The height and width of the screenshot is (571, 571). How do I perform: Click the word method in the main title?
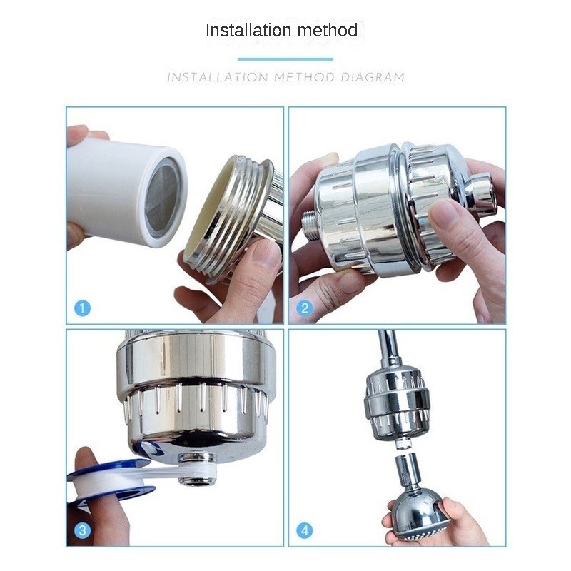(328, 30)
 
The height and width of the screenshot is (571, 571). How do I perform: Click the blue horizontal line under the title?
(285, 59)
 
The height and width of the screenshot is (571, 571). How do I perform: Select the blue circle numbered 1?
(82, 308)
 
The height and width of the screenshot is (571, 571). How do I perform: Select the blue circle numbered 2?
(305, 308)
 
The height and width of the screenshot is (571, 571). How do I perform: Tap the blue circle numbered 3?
(82, 530)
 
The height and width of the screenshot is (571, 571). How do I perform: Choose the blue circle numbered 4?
(305, 530)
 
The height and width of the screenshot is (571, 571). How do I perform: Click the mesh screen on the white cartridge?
(163, 198)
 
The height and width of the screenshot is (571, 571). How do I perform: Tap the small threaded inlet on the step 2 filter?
(310, 226)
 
